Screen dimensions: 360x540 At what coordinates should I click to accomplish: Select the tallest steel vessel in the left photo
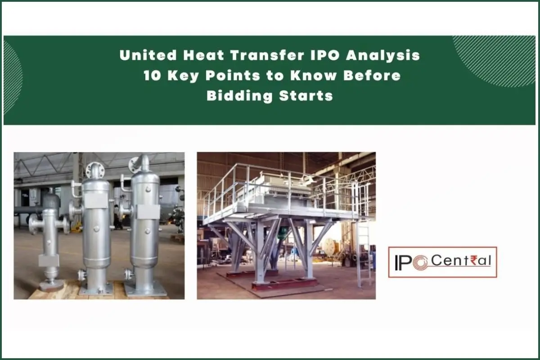[x=144, y=220]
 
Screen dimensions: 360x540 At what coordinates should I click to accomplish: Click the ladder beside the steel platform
[x=363, y=252]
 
